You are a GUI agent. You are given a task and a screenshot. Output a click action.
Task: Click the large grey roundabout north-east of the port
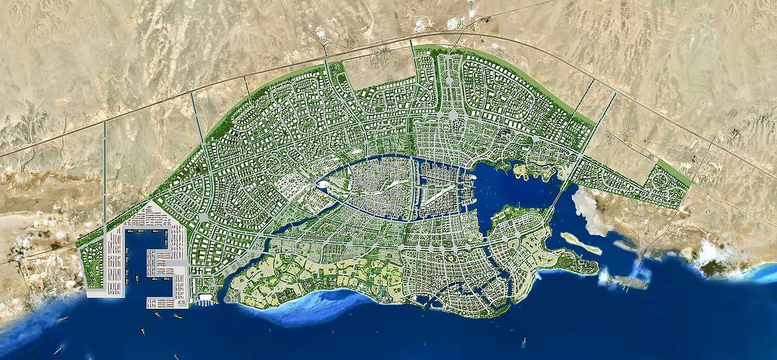(x=203, y=217)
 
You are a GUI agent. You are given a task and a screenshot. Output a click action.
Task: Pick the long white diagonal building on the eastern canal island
(x=438, y=194)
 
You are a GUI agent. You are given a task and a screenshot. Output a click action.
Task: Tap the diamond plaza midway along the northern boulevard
(x=449, y=80)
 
